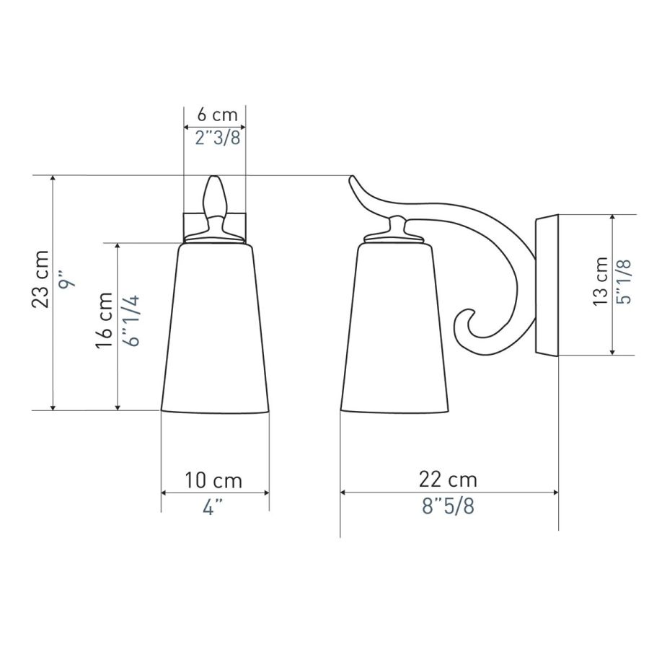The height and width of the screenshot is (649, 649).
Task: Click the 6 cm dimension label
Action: click(x=217, y=115)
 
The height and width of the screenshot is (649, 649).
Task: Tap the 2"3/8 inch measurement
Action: click(x=218, y=138)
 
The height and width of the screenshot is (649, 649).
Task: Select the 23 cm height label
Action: click(x=40, y=278)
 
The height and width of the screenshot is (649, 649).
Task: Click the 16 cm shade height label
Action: click(x=105, y=320)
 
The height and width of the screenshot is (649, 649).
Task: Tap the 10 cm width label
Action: click(x=213, y=480)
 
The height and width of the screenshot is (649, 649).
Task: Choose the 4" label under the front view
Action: click(x=213, y=507)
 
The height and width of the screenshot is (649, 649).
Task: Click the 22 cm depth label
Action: click(x=448, y=480)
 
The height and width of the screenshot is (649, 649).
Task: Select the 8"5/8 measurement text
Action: click(x=448, y=505)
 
